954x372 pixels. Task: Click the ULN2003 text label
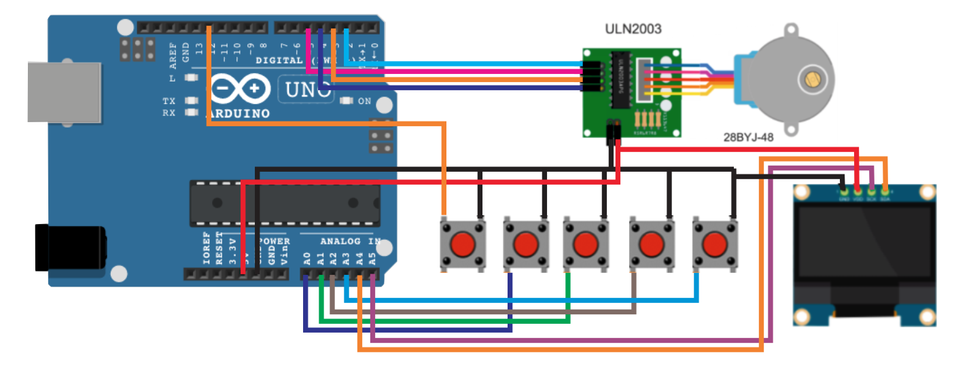point(633,29)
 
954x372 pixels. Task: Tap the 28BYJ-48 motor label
point(749,136)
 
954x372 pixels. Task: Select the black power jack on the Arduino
point(68,247)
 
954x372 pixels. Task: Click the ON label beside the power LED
point(364,101)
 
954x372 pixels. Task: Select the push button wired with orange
point(463,243)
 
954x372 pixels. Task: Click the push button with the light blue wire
point(714,243)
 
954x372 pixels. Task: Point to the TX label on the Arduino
point(169,100)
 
